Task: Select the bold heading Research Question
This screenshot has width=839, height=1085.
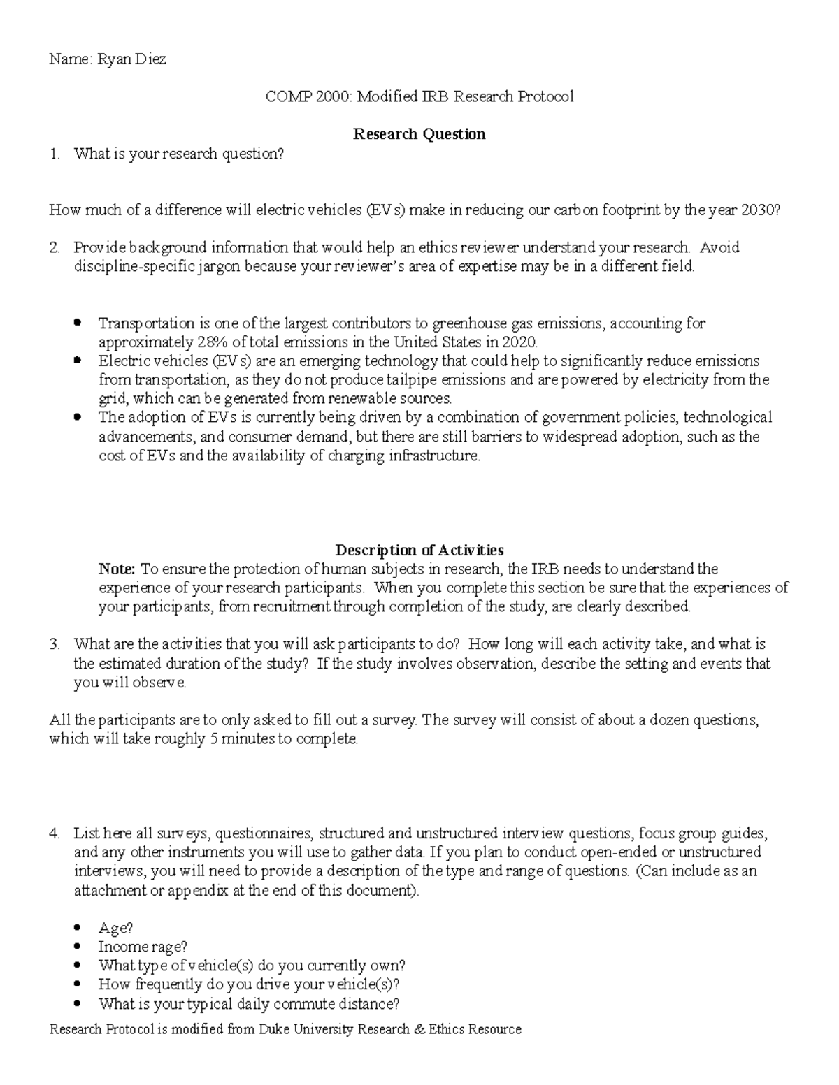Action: pos(419,133)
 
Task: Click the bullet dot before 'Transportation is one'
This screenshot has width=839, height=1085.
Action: pos(78,323)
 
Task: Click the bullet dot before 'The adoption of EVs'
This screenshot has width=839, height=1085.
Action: pos(78,417)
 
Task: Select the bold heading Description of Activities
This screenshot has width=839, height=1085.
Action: pos(419,550)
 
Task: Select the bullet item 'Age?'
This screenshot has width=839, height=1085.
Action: pos(115,928)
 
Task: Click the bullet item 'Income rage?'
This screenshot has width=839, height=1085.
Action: pos(143,947)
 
